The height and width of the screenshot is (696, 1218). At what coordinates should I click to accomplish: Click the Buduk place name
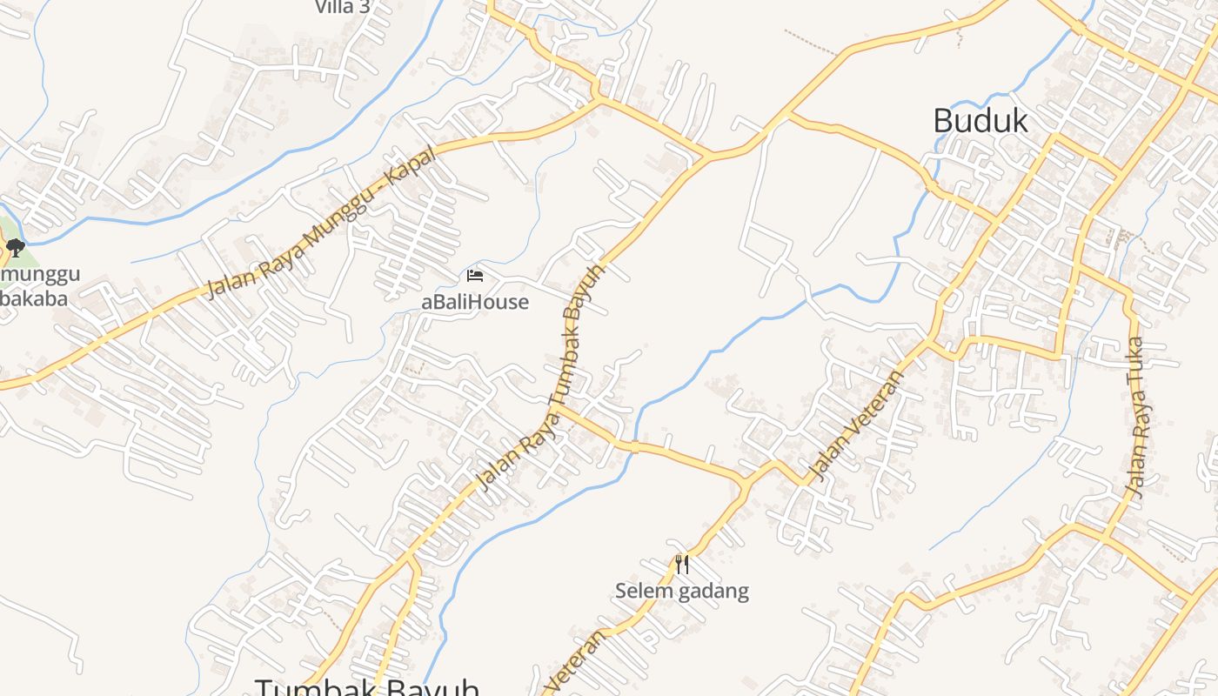980,121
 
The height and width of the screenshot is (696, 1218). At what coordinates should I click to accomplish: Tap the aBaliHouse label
475,302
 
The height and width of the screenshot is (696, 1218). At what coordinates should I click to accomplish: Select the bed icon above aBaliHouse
475,276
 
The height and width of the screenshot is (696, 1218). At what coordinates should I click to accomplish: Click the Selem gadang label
681,592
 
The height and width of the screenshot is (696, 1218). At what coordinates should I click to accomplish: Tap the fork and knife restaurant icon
682,565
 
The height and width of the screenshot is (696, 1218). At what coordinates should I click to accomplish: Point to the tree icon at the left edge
14,248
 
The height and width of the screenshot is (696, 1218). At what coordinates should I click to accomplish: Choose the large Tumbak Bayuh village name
366,686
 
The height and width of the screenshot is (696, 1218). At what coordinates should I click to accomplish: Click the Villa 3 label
342,7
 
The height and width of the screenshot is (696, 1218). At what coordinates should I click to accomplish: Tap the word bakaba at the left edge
35,298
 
